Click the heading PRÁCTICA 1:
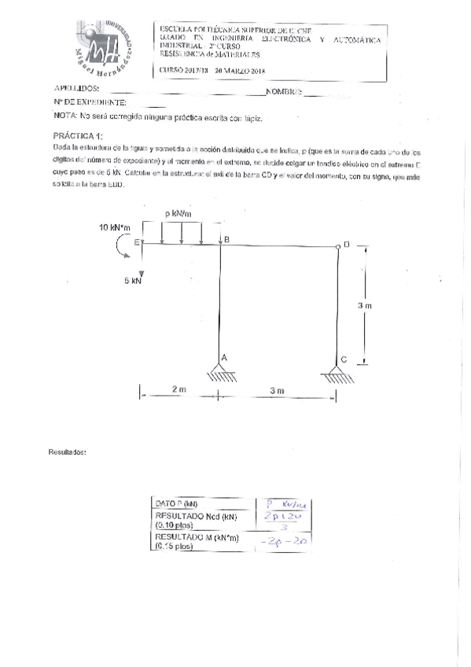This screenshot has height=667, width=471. coord(77,135)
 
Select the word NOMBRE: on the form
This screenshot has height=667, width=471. coord(285,92)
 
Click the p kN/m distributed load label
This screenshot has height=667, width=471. coord(181,213)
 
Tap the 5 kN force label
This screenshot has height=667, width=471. coord(132,280)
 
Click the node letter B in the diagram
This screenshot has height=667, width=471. coord(226,239)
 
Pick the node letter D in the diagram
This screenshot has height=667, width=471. coord(346,245)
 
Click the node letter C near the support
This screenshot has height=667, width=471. coord(344,359)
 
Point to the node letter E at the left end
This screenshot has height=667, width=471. coord(136,243)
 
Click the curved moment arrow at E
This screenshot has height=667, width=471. coord(120,250)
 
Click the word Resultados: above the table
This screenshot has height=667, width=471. coord(68,452)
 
